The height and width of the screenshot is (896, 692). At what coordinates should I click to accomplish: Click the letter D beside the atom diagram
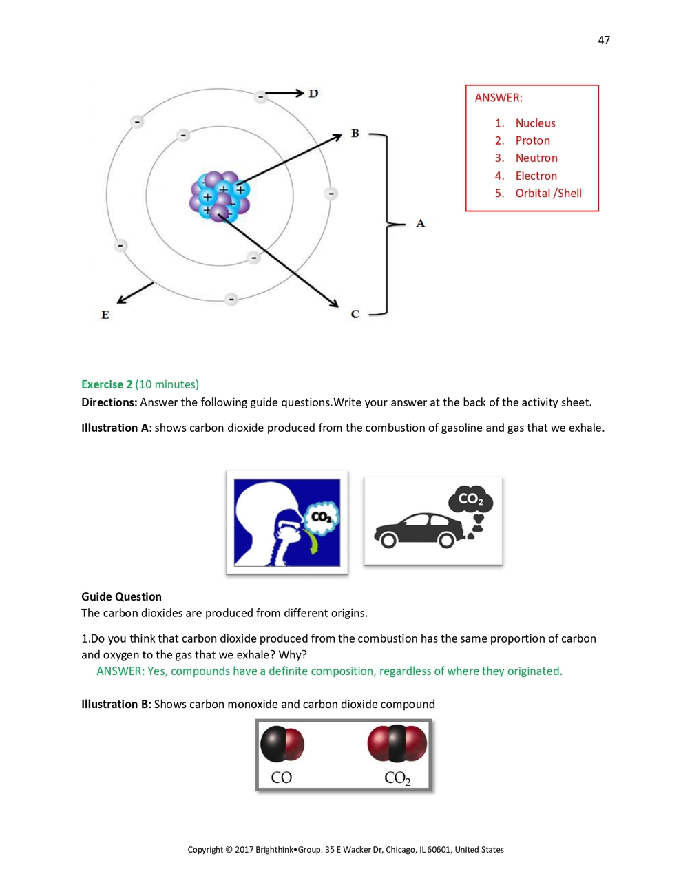click(x=313, y=94)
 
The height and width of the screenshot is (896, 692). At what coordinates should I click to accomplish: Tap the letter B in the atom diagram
click(x=355, y=134)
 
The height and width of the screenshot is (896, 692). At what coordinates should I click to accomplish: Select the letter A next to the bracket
click(x=420, y=223)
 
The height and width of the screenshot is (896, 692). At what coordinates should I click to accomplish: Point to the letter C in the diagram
click(x=355, y=314)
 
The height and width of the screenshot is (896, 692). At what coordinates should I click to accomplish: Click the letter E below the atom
click(x=105, y=315)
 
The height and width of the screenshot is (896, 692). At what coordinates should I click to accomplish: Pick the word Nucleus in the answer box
click(x=535, y=123)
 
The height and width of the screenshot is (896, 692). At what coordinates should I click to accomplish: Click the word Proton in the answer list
click(x=532, y=140)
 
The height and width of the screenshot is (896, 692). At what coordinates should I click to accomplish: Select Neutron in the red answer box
click(x=536, y=158)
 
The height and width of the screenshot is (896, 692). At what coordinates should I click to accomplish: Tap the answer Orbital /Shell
click(x=548, y=194)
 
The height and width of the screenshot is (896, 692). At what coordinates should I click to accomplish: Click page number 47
click(x=604, y=40)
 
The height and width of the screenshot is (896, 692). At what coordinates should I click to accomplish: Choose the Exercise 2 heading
click(x=107, y=384)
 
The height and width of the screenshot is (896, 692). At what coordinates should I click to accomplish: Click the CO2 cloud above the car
click(x=470, y=499)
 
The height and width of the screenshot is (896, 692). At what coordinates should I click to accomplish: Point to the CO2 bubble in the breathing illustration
click(x=322, y=517)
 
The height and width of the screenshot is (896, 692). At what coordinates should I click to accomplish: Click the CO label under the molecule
click(x=282, y=778)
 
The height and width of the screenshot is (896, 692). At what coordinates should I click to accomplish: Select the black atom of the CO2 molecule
click(x=397, y=744)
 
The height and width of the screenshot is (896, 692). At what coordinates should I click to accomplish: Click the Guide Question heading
click(x=121, y=596)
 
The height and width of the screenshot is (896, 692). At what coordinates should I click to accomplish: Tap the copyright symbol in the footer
click(x=229, y=850)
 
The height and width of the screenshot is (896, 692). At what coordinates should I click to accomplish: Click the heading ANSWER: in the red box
click(x=499, y=98)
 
